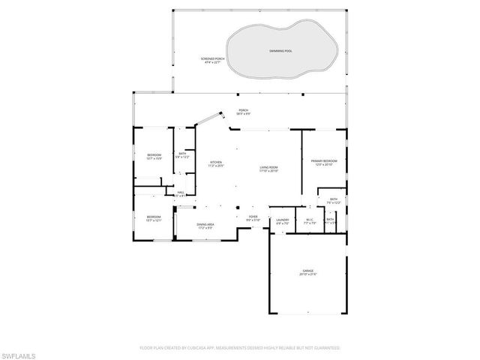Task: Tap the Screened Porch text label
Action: tap(214, 61)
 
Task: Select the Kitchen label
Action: tap(216, 164)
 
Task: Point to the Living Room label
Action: tap(269, 169)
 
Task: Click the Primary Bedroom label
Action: tap(324, 162)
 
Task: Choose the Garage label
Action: tap(308, 274)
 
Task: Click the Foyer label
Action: tap(253, 218)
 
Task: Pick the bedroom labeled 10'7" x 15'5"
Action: tap(154, 157)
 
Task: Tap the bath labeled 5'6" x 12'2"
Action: tap(182, 155)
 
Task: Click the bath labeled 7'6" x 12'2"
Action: tap(334, 201)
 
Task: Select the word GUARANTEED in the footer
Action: tap(325, 348)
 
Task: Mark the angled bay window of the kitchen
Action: tap(211, 120)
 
